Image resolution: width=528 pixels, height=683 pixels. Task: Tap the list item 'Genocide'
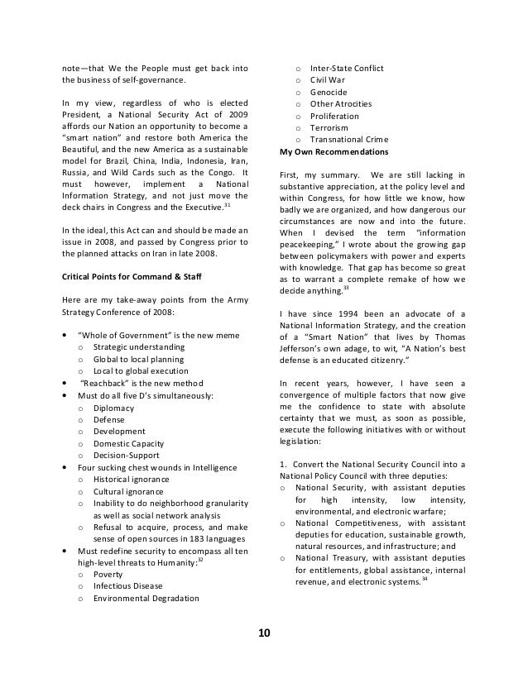329,92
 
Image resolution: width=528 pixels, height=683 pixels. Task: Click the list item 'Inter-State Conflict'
347,67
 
